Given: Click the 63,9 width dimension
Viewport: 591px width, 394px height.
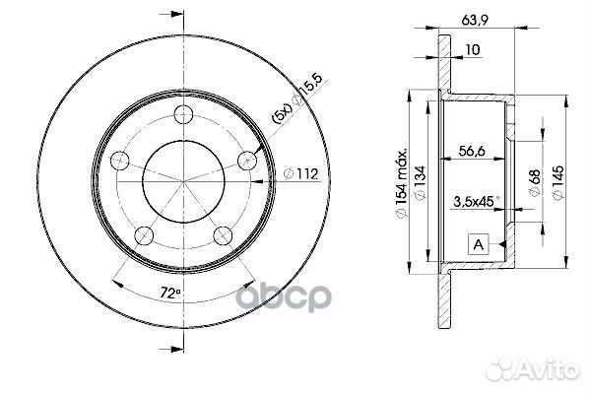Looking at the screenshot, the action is [475, 20].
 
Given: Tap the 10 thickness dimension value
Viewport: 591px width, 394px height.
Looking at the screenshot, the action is [473, 49].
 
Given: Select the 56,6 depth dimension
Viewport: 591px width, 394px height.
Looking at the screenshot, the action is [472, 151].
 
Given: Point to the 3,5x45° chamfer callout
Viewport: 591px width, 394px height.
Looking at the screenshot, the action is [477, 202].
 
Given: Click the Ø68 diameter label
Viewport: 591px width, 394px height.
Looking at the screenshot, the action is [535, 183].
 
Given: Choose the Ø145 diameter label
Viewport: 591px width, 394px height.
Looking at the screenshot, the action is [558, 183].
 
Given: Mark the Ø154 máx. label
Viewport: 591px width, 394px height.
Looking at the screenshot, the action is [402, 183].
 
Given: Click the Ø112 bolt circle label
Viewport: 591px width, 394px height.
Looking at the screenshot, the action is [301, 173].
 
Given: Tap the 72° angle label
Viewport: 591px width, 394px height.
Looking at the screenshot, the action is [170, 293].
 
